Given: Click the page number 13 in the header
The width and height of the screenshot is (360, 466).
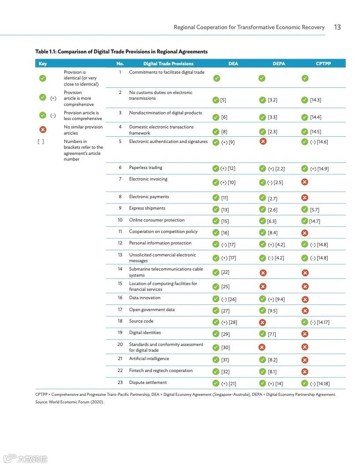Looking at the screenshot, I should point(337,27).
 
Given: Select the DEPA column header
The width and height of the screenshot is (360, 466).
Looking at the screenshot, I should point(279,64).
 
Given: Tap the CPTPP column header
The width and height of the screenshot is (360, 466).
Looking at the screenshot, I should point(323,64).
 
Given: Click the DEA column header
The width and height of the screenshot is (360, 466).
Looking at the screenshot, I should point(233,64).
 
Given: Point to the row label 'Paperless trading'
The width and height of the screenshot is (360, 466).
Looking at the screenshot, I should point(146,168).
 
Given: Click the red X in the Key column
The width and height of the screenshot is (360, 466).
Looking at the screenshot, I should point(43,129).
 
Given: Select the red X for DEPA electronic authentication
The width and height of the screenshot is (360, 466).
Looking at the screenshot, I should point(263,141).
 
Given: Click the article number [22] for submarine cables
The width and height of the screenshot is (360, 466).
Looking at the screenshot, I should point(225,272).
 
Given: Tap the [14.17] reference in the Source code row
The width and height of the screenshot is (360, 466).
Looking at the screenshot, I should point(323,322).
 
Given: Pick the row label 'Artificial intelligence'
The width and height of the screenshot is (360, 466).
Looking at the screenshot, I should point(149,359).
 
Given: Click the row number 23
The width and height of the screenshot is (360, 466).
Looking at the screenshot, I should point(120,383).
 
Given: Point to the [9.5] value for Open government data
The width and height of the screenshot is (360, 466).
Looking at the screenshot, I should point(272,311).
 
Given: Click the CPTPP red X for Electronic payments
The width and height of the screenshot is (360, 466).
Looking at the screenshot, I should point(305,198).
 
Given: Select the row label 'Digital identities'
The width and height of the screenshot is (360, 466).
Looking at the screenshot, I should point(145,333).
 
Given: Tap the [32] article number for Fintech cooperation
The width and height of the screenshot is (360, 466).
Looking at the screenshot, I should point(225,372).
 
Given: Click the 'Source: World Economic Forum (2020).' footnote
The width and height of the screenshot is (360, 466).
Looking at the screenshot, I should point(70,402).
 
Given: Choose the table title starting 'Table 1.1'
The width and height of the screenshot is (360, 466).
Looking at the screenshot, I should point(121,52).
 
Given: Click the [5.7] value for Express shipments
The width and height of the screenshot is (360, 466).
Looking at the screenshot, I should point(315,210).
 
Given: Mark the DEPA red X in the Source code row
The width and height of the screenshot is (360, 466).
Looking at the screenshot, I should point(262,322).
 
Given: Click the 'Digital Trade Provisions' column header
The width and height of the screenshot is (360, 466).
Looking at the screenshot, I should point(168,64).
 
